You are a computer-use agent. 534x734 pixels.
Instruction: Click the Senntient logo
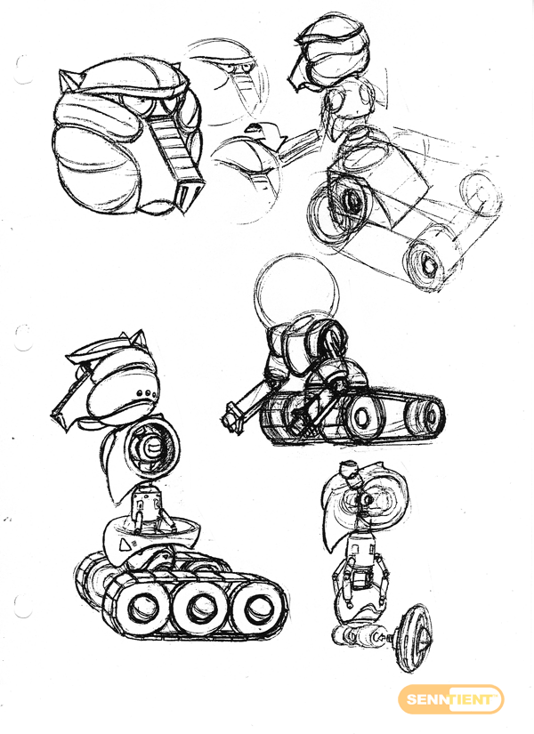tap(450, 699)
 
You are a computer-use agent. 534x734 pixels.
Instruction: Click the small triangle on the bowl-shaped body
tap(125, 544)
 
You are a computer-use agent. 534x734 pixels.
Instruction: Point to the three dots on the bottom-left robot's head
tap(144, 392)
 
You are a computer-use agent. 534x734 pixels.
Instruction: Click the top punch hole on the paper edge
tap(22, 69)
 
